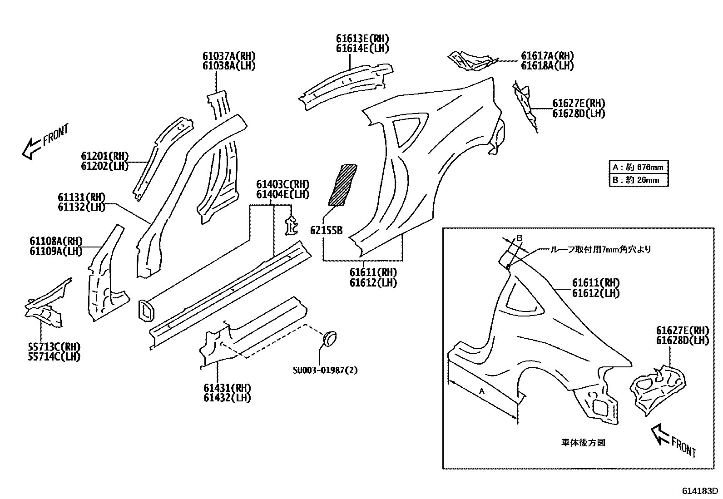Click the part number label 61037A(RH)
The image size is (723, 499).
(229, 56)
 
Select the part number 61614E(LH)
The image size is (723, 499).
(362, 49)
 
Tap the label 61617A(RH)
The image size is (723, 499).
(547, 56)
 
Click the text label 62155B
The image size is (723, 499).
(326, 231)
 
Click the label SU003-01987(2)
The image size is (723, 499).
(325, 370)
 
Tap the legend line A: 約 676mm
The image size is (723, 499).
(639, 167)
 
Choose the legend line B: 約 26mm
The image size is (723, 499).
(639, 180)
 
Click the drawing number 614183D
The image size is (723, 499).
(699, 491)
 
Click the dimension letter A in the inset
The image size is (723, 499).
(482, 391)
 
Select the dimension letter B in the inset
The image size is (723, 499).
(520, 238)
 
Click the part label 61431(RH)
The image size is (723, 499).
(227, 388)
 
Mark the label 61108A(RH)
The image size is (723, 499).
(56, 241)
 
